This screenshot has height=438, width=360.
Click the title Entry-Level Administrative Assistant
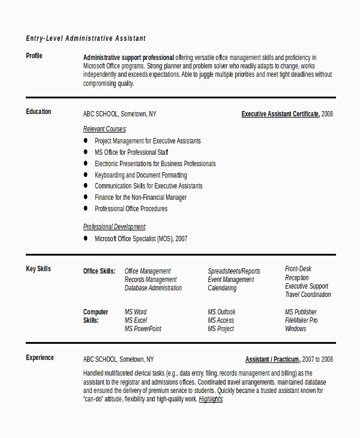[x=86, y=38]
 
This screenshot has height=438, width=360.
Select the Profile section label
[x=34, y=56]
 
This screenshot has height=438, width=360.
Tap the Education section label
[x=38, y=112]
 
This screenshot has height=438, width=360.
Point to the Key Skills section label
[x=38, y=269]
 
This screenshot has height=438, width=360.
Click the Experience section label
[x=40, y=358]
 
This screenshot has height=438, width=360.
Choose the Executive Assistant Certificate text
[x=280, y=113]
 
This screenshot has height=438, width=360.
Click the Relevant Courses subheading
[x=104, y=129]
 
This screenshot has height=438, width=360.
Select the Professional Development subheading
[x=114, y=227]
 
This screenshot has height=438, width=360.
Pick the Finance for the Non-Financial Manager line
[x=140, y=197]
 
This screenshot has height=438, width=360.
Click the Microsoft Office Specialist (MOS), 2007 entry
[x=141, y=238]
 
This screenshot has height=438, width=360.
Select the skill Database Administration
[x=153, y=288]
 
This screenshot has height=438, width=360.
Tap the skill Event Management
[x=230, y=280]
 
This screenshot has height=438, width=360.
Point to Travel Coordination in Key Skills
[x=307, y=295]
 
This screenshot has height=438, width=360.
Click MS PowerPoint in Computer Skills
[x=143, y=329]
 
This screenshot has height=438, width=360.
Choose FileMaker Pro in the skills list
[x=301, y=320]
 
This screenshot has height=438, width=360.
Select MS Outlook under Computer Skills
[x=221, y=312]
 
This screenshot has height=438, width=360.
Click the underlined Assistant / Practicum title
[x=272, y=359]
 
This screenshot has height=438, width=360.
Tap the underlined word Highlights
[x=211, y=399]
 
